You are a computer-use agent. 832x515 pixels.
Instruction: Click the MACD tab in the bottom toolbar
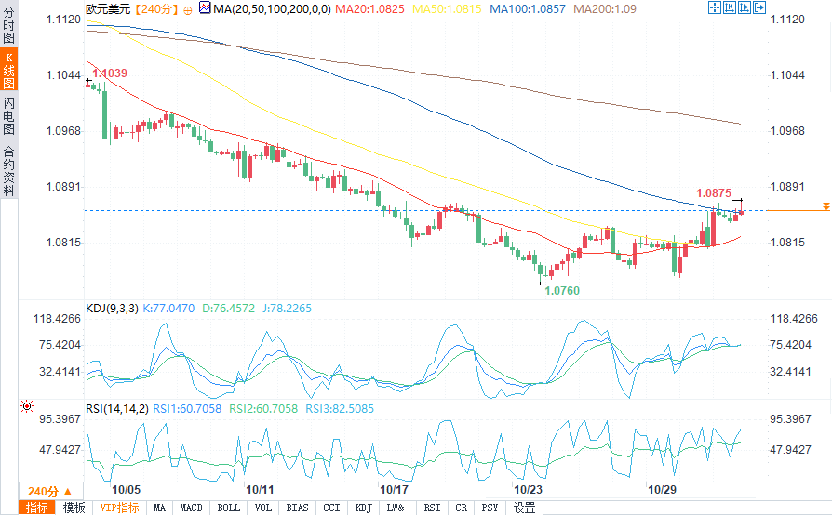tap(191, 508)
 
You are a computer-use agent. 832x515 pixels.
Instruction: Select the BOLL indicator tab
tap(228, 508)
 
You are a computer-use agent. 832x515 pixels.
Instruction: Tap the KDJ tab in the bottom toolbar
tap(364, 508)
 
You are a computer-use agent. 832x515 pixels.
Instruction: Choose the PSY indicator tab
tap(490, 508)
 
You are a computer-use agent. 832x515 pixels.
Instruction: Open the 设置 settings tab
tap(525, 508)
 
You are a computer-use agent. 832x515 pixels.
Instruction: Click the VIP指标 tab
tap(119, 508)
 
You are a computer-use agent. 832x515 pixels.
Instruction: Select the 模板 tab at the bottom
tap(74, 508)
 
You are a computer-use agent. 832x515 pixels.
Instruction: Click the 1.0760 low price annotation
tap(561, 291)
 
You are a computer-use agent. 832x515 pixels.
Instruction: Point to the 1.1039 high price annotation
tap(111, 73)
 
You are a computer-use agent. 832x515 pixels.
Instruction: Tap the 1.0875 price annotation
tap(715, 193)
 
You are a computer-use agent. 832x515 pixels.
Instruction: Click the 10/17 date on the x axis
tap(395, 489)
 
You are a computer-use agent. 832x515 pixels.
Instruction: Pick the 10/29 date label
tap(662, 489)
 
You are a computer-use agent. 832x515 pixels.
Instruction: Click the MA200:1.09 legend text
tap(605, 8)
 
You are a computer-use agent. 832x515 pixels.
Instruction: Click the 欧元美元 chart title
tap(108, 8)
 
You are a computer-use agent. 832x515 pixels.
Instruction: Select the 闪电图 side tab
tap(8, 115)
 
